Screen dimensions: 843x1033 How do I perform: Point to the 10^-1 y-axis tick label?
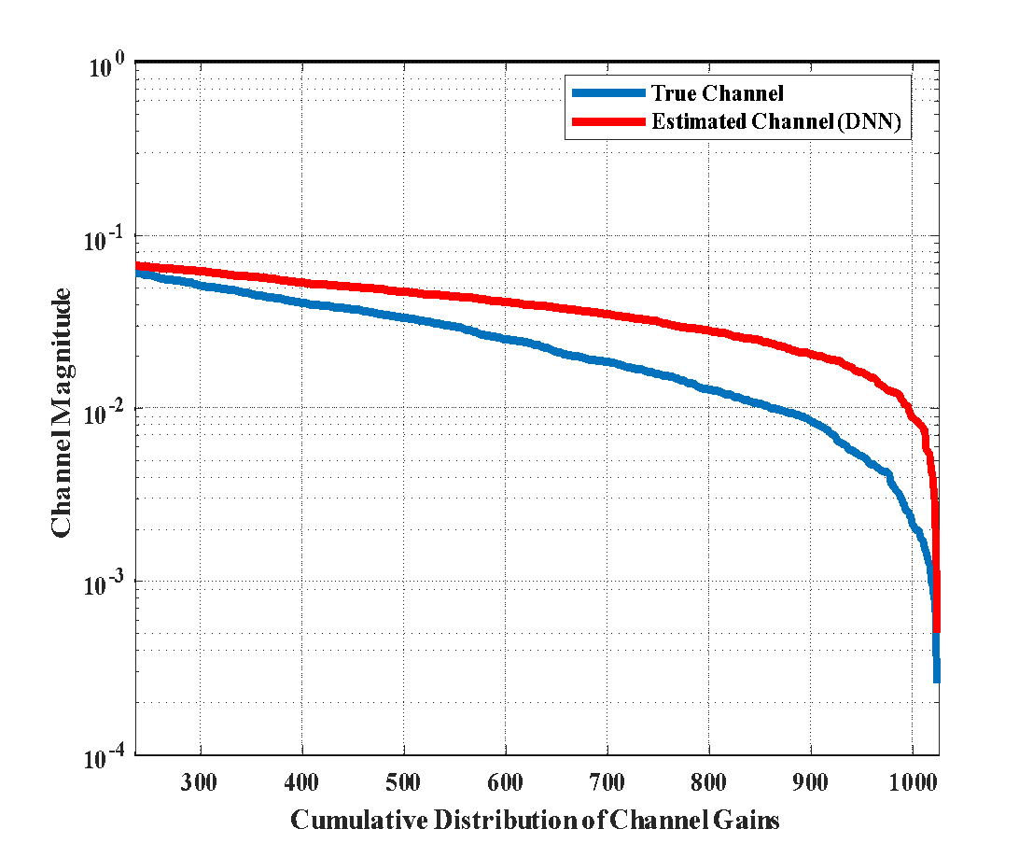106,239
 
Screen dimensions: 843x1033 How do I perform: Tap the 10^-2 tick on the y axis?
106,412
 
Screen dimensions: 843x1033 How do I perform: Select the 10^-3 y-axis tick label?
106,584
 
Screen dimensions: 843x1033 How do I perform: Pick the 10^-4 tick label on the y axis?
106,757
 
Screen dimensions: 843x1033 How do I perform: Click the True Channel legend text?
717,93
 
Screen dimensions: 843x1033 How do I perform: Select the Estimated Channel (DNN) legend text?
776,122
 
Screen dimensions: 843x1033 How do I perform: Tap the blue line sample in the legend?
607,93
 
